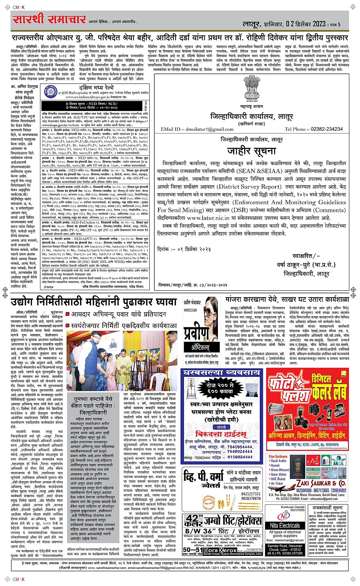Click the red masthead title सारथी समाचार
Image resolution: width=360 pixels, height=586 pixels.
(50, 19)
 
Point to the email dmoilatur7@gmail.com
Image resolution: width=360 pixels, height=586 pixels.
(202, 129)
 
